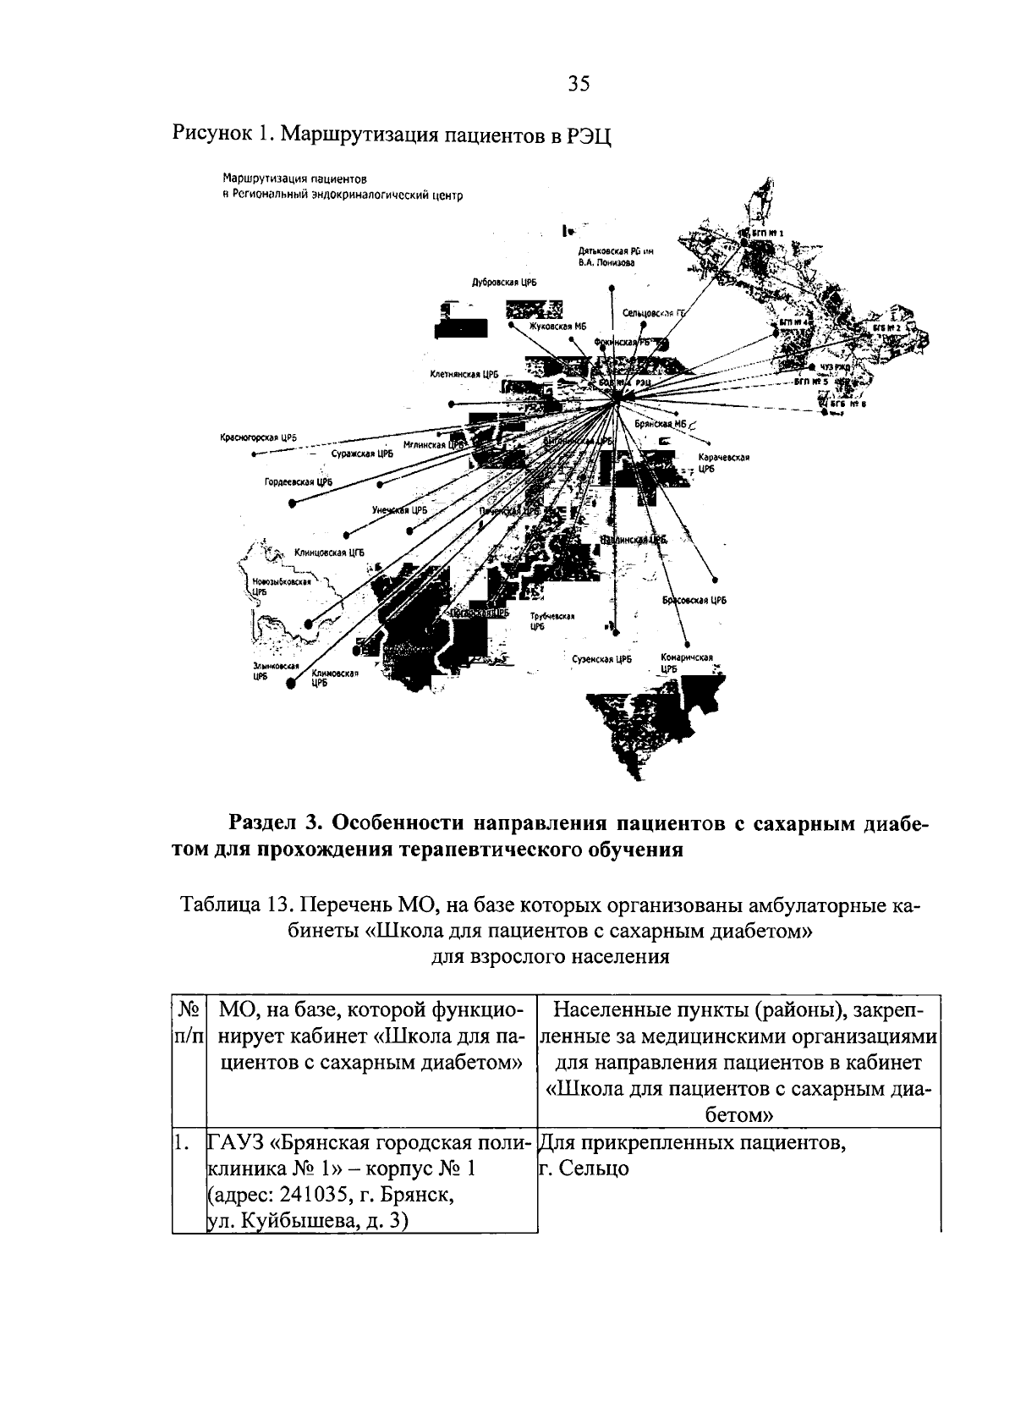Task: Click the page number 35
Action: click(579, 83)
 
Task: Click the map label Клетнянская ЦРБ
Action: click(465, 374)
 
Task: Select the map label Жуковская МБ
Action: click(557, 325)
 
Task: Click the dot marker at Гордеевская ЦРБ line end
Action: click(293, 503)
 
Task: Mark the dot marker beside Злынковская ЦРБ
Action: click(290, 685)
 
